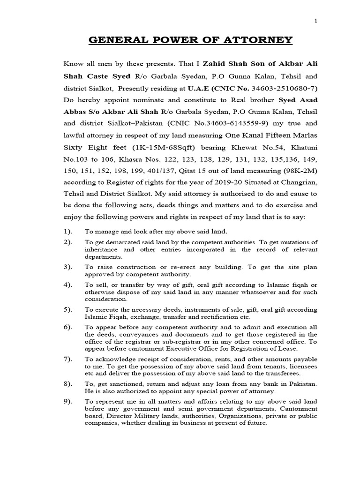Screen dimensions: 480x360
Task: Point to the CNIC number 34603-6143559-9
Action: tap(209, 124)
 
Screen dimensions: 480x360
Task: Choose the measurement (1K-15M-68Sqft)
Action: tap(150, 149)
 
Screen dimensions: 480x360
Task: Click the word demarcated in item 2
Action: tap(117, 242)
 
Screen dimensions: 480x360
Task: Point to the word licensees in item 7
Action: tap(301, 366)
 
